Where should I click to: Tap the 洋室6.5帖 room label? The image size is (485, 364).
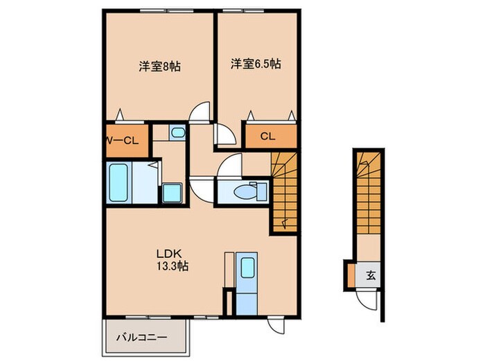(x=256, y=64)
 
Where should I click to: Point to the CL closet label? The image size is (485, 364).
(x=267, y=136)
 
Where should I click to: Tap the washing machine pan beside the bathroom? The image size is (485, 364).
(x=170, y=193)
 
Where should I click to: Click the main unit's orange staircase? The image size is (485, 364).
(x=284, y=194)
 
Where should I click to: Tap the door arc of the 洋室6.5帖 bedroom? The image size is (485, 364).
(x=226, y=135)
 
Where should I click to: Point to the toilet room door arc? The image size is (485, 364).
(x=229, y=165)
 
